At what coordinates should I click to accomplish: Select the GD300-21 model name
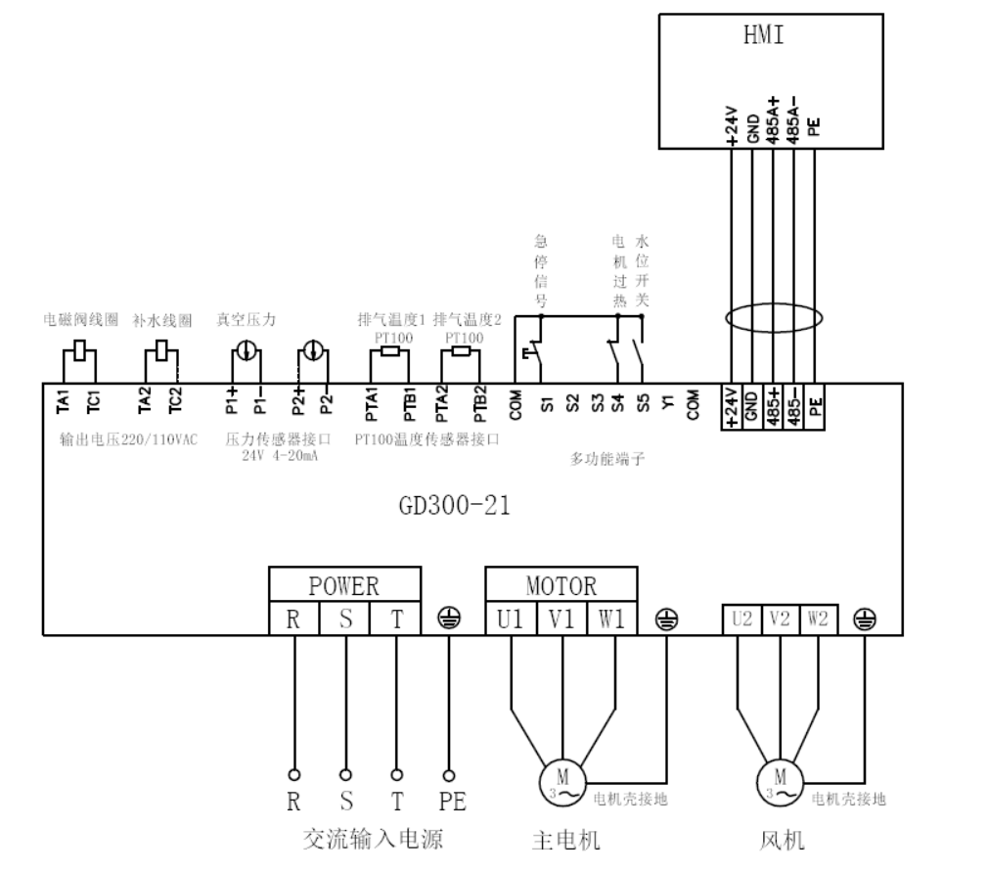click(454, 507)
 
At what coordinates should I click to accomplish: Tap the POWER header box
click(343, 586)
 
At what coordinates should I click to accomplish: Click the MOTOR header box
click(561, 586)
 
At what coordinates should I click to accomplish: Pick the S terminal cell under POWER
click(345, 619)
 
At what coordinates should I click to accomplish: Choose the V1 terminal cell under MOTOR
click(561, 619)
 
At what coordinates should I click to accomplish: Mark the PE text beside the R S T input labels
click(452, 802)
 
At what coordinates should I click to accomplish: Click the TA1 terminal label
click(63, 400)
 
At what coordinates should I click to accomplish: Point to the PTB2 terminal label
click(479, 403)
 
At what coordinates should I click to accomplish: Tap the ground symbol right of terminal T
click(450, 619)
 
